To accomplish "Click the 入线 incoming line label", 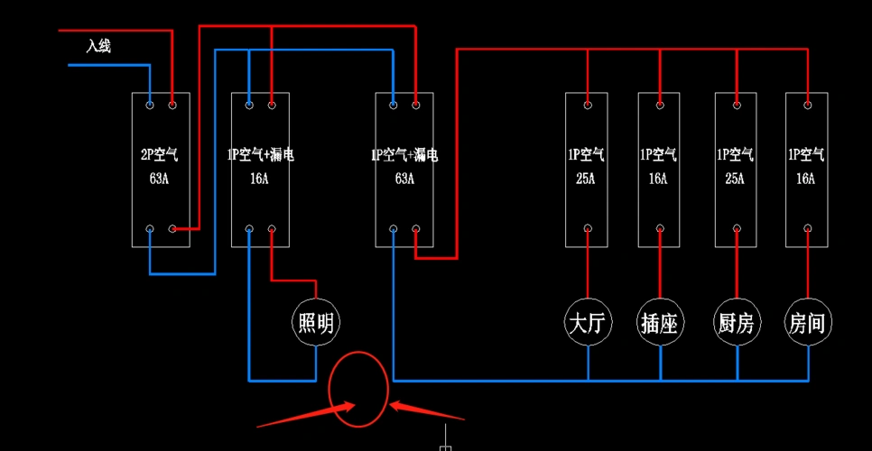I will click(x=98, y=46).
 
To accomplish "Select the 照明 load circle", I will click(x=317, y=322).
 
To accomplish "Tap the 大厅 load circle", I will click(x=588, y=322).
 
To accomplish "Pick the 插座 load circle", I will click(x=660, y=322).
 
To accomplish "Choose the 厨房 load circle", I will click(x=737, y=322).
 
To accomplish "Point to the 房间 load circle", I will click(x=808, y=322).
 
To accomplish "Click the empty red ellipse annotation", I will click(x=358, y=389).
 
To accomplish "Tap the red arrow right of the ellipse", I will click(x=425, y=411).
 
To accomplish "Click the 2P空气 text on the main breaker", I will click(x=160, y=155).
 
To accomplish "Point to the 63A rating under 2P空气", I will click(x=160, y=179).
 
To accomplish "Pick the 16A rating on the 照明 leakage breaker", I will click(x=259, y=179).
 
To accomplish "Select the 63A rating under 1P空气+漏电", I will click(x=404, y=179).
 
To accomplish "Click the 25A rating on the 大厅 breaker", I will click(x=586, y=179).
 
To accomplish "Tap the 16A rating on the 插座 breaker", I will click(x=658, y=179).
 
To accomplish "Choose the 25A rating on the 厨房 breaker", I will click(x=735, y=179).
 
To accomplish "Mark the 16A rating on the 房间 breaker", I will click(x=806, y=179).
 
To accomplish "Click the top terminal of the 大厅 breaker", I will click(x=588, y=106).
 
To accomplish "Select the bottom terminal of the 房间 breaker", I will click(x=808, y=229).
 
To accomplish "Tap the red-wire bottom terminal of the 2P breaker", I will click(x=172, y=229).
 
